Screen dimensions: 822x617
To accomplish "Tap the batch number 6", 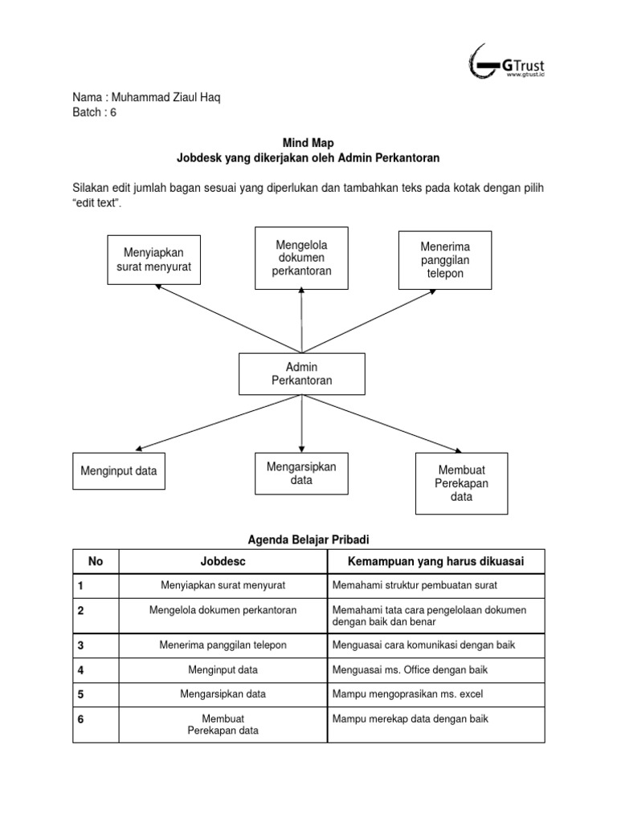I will click(x=113, y=112).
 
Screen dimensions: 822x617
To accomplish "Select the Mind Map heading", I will click(x=302, y=143).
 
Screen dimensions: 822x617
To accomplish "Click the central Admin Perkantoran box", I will click(x=302, y=374).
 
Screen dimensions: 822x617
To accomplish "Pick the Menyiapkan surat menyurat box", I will click(x=153, y=259).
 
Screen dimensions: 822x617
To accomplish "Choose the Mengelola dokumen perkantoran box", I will click(x=301, y=258).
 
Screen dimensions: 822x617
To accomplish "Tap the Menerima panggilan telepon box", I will click(x=445, y=260).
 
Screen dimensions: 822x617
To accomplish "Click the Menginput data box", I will click(x=119, y=471).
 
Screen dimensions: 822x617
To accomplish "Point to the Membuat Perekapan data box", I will click(x=461, y=483).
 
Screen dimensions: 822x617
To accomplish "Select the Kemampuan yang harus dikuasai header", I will click(x=435, y=561).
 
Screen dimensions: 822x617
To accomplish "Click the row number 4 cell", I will click(x=81, y=669).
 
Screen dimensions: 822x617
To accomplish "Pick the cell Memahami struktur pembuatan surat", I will click(x=414, y=585).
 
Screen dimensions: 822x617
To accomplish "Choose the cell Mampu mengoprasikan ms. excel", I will click(x=407, y=694).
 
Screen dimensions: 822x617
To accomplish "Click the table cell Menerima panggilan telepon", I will click(x=223, y=645).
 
